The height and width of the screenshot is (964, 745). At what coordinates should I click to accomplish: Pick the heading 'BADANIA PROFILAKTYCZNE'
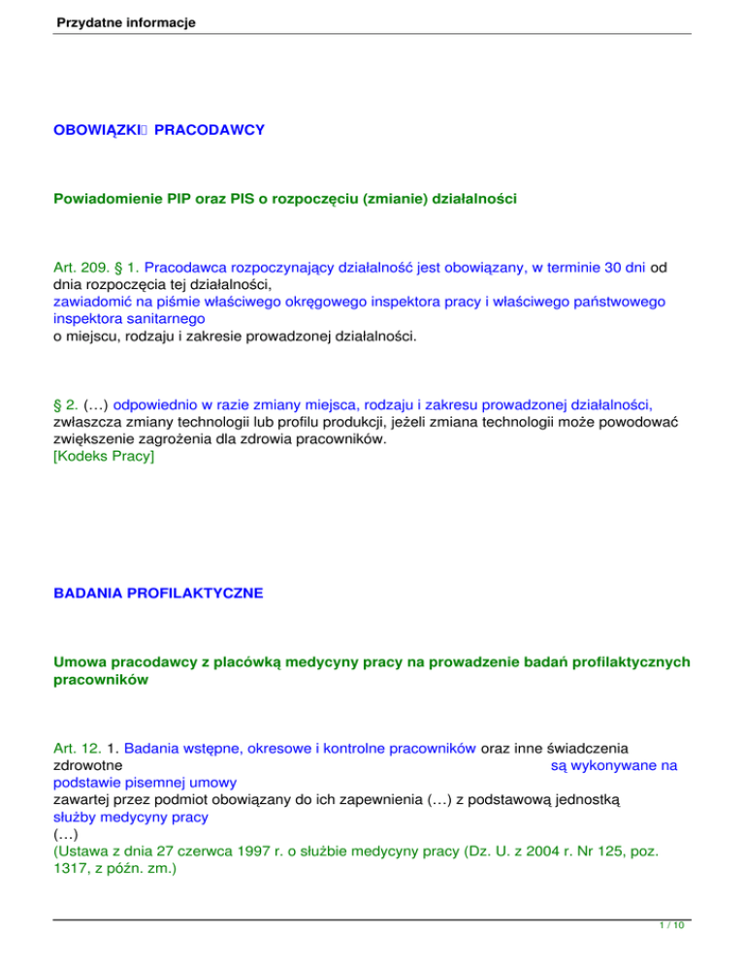point(158,593)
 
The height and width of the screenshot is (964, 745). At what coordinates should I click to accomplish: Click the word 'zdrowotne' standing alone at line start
point(87,765)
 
